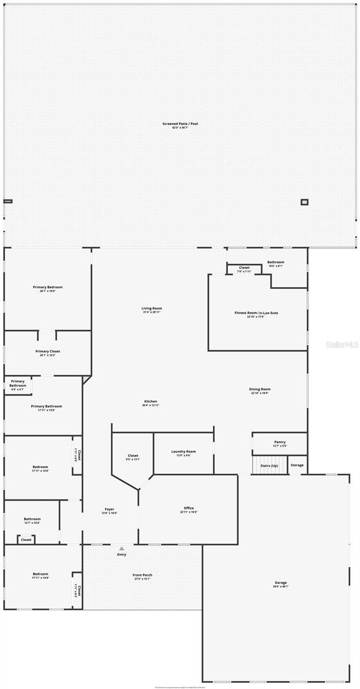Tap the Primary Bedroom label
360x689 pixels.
click(x=48, y=287)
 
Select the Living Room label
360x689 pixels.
click(x=152, y=308)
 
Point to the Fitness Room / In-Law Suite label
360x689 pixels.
click(x=256, y=313)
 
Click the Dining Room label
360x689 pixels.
click(x=260, y=389)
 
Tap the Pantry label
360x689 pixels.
click(x=280, y=442)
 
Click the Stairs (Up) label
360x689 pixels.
click(x=269, y=465)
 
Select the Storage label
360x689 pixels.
click(x=297, y=465)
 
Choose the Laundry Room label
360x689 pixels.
click(x=184, y=451)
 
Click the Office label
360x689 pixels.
click(x=189, y=508)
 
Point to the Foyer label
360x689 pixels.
click(x=110, y=509)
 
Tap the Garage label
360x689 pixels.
click(x=281, y=583)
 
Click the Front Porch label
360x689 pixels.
click(x=142, y=575)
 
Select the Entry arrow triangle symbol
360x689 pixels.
click(x=122, y=548)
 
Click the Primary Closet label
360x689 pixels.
click(x=48, y=351)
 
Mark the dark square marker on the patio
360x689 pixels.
click(x=304, y=202)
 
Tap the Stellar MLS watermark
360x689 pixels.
click(x=342, y=346)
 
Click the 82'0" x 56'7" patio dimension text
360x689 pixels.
click(x=180, y=127)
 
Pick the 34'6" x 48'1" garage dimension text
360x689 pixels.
click(x=281, y=587)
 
